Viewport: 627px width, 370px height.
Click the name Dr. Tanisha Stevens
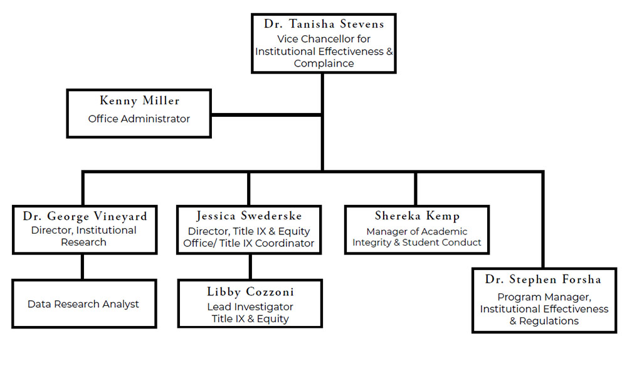[x=324, y=24]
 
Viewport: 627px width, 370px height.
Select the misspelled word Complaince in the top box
[x=324, y=63]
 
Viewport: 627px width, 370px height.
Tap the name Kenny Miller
[x=139, y=101]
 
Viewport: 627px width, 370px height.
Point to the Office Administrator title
[x=139, y=119]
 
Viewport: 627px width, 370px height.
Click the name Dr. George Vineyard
[x=85, y=217]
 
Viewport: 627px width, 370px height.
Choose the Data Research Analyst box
[x=84, y=304]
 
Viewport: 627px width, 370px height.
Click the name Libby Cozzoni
[x=250, y=292]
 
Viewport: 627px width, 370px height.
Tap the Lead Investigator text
[x=250, y=307]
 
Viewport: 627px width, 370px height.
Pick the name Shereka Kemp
[x=417, y=217]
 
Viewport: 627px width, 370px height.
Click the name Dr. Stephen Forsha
[x=544, y=280]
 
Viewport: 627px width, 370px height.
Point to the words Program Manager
[x=544, y=297]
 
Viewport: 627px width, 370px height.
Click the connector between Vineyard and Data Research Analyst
[x=82, y=266]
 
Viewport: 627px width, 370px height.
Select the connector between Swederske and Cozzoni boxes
[x=250, y=266]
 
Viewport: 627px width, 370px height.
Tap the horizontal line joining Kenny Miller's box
[x=266, y=115]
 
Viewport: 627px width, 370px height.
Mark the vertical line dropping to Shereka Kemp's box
[x=416, y=188]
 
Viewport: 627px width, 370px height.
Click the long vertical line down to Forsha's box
[x=543, y=220]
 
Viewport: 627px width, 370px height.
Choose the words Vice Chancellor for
[x=324, y=39]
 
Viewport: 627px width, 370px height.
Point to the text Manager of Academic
[x=417, y=231]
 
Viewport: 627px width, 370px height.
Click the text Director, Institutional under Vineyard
[x=84, y=231]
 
